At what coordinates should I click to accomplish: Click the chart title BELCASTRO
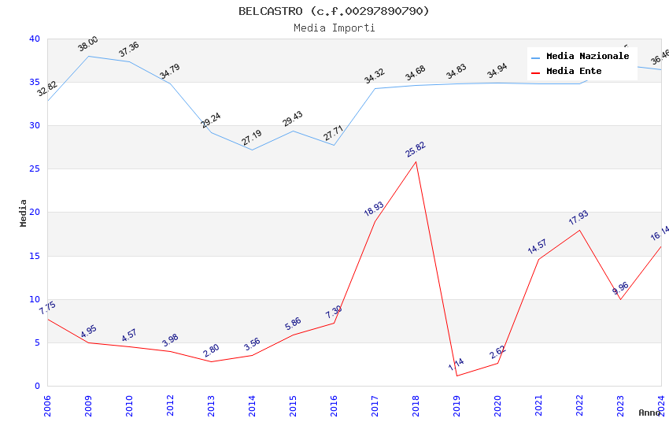pyautogui.click(x=334, y=11)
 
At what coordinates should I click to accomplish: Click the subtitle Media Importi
pyautogui.click(x=334, y=28)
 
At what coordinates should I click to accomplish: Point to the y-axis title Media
pyautogui.click(x=24, y=213)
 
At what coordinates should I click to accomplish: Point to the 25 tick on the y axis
pyautogui.click(x=35, y=169)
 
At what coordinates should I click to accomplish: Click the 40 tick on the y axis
pyautogui.click(x=35, y=39)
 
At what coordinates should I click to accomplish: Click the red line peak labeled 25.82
pyautogui.click(x=416, y=161)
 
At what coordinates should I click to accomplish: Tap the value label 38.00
pyautogui.click(x=87, y=44)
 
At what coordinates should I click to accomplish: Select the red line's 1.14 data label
pyautogui.click(x=456, y=365)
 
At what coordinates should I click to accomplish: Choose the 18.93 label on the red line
pyautogui.click(x=374, y=209)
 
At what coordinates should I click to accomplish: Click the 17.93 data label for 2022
pyautogui.click(x=578, y=217)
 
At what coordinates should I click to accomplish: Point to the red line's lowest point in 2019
pyautogui.click(x=456, y=376)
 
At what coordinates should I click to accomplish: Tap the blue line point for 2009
pyautogui.click(x=88, y=56)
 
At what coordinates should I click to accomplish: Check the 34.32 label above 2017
pyautogui.click(x=374, y=76)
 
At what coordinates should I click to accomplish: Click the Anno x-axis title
pyautogui.click(x=649, y=413)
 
